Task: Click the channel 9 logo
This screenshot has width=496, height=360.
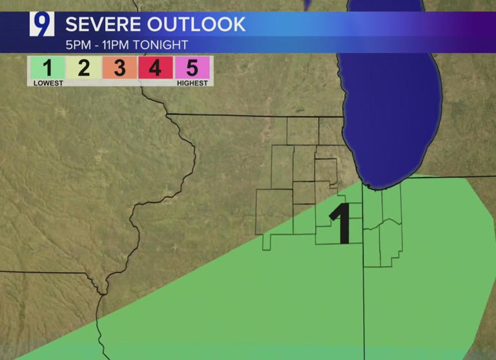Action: click(x=41, y=25)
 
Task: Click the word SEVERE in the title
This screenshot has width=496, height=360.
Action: click(x=103, y=25)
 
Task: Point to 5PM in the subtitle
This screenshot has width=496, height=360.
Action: click(x=78, y=45)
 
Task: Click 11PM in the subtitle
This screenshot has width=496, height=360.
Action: click(x=114, y=45)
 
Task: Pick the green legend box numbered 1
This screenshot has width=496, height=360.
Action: click(x=47, y=68)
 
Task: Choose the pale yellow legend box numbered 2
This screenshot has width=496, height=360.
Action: click(x=83, y=68)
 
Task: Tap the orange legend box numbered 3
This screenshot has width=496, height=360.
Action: click(x=119, y=68)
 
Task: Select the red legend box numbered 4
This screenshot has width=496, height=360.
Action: click(x=155, y=68)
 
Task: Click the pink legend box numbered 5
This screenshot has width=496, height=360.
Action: click(x=192, y=68)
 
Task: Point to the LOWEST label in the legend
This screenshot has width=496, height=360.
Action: click(x=48, y=83)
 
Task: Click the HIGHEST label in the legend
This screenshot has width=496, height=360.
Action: click(x=192, y=83)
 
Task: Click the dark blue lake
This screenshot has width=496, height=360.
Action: click(x=394, y=97)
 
